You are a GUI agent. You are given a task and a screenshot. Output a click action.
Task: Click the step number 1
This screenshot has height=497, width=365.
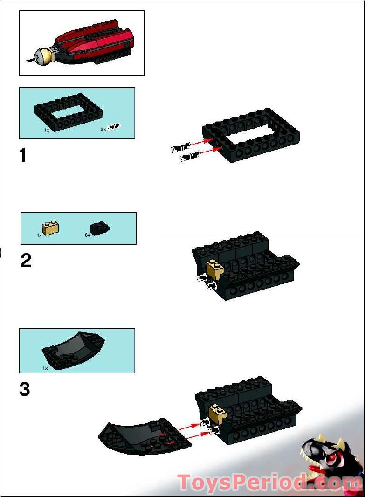(23, 155)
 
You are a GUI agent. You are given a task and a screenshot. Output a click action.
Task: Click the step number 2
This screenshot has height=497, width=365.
(26, 260)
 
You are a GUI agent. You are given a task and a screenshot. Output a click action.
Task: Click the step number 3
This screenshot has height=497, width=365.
(25, 389)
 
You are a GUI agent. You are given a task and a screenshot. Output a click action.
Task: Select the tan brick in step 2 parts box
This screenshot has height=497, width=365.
(50, 227)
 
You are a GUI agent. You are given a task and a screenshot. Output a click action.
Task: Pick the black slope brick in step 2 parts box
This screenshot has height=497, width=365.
(100, 228)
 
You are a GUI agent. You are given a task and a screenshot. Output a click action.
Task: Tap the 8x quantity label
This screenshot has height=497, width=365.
(87, 235)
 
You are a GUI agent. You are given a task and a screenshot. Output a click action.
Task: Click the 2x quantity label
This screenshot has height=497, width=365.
(103, 129)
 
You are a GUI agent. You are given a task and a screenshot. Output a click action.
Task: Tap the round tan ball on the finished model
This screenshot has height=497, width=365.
(44, 56)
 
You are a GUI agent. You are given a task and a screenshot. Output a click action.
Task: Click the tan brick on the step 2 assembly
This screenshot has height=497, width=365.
(215, 269)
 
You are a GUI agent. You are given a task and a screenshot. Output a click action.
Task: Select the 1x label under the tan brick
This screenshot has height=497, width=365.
(39, 236)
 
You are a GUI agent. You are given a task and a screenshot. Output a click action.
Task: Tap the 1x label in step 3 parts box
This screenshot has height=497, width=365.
(45, 368)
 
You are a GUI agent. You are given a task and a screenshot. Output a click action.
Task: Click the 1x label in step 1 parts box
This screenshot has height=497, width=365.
(47, 130)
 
